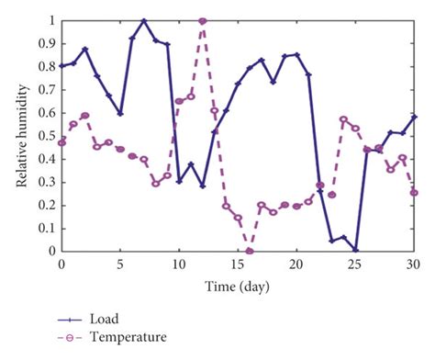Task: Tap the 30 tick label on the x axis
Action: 415,264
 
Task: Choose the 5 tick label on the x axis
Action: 120,264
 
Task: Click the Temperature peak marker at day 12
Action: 203,20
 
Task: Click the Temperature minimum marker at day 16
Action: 250,251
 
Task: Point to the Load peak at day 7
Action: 144,20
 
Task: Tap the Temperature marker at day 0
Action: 61,142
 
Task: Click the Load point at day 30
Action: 415,117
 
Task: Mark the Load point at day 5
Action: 120,114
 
